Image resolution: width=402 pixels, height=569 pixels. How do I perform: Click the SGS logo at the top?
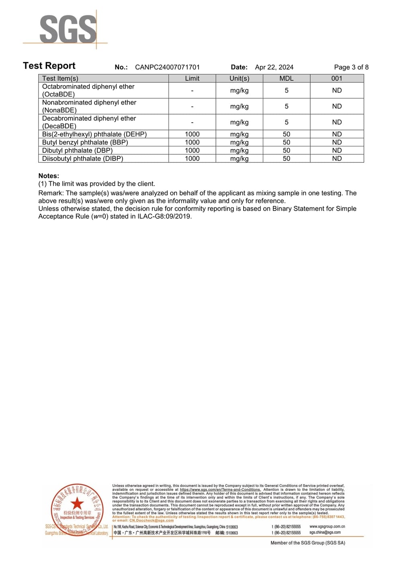[x=68, y=29]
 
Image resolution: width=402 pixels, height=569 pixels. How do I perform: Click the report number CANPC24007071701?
[x=167, y=67]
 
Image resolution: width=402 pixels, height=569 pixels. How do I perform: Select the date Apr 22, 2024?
[x=274, y=67]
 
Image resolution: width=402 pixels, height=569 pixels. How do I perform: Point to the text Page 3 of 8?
[x=351, y=67]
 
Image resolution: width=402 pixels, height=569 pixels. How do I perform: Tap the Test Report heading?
[x=49, y=66]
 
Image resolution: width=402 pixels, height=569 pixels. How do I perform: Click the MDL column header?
[x=286, y=78]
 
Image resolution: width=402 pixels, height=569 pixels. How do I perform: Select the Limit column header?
[x=192, y=78]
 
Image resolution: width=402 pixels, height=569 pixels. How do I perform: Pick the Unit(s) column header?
[x=239, y=78]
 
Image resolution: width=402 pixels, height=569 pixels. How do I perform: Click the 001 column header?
[x=337, y=78]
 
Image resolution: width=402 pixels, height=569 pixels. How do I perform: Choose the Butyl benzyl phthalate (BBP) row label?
[x=85, y=142]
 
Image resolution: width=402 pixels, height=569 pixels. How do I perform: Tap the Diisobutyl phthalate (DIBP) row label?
[x=82, y=158]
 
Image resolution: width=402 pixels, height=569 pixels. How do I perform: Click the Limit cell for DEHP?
[x=192, y=134]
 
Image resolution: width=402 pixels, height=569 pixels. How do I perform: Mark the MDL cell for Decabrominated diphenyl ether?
[x=286, y=122]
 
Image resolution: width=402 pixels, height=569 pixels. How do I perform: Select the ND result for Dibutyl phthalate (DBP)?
[x=337, y=150]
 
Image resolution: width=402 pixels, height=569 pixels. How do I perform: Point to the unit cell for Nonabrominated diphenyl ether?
[x=239, y=106]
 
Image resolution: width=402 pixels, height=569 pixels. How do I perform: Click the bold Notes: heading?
[x=49, y=176]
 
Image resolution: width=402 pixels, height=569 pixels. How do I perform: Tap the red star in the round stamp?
[x=77, y=503]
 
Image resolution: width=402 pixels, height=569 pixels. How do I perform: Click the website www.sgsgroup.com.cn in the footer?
[x=327, y=526]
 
